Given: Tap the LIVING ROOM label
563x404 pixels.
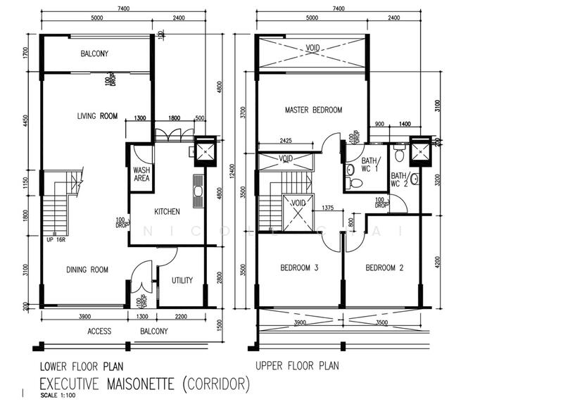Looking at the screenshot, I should click(97, 116).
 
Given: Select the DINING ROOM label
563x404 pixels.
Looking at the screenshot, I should click(87, 270).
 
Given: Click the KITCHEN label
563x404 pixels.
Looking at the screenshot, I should click(167, 211).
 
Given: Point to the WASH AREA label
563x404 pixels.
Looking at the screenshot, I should click(141, 175).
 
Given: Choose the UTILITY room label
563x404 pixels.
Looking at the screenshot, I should click(182, 280).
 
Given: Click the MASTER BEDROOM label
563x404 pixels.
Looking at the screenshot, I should click(313, 111).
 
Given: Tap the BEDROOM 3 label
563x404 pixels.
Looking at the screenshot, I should click(299, 267).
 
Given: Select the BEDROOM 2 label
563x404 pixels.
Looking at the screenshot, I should click(385, 267).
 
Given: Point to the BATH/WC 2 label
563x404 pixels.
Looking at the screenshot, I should click(399, 179).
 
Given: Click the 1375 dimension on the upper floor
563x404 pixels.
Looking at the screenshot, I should click(327, 208).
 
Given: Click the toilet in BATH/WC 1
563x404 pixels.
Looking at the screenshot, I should click(356, 183).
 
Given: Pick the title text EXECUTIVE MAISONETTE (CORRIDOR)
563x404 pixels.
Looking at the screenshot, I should click(144, 384).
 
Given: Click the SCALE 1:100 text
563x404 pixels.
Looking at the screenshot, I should click(59, 396).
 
